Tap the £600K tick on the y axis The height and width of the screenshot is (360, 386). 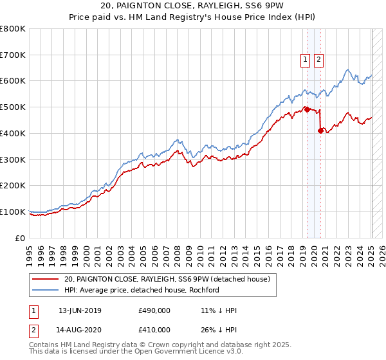point(13,81)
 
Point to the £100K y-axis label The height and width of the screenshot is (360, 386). point(13,212)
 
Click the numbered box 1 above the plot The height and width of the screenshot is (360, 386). point(305,60)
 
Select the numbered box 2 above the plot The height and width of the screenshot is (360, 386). point(318,60)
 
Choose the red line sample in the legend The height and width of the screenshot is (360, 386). point(46,279)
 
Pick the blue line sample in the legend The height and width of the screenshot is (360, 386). point(46,290)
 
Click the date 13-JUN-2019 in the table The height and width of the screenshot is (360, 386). point(80,311)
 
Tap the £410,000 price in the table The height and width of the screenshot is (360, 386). point(154,330)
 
